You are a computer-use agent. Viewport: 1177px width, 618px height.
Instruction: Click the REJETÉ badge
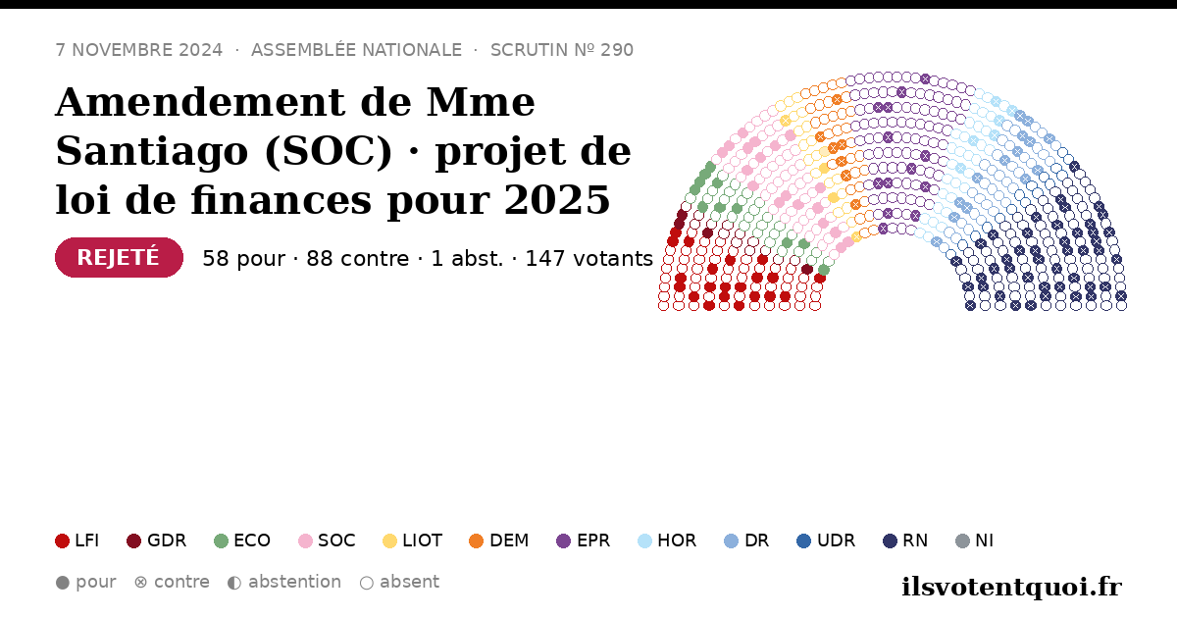click(x=119, y=257)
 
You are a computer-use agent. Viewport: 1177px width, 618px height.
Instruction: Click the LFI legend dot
click(x=62, y=541)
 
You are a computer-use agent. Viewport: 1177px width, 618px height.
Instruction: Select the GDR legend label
click(x=167, y=541)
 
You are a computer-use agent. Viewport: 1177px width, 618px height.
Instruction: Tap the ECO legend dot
click(x=222, y=541)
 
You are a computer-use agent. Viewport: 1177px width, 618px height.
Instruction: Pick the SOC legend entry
click(x=327, y=541)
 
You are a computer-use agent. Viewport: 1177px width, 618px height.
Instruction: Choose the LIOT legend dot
click(x=389, y=541)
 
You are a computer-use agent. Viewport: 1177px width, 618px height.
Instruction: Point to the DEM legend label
click(x=509, y=541)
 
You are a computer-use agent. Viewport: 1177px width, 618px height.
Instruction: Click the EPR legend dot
click(x=563, y=541)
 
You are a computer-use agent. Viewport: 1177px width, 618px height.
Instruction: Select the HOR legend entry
click(x=667, y=541)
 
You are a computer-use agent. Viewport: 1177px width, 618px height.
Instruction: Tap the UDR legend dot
click(x=804, y=541)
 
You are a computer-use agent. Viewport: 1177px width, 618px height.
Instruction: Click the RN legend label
click(x=915, y=541)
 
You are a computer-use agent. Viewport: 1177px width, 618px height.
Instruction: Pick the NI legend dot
click(x=962, y=541)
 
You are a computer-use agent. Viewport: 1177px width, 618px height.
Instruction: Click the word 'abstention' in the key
click(x=294, y=582)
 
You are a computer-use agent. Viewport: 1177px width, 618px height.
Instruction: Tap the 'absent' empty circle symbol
click(x=367, y=583)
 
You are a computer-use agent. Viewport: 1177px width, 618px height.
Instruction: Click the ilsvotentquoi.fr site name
click(x=1011, y=587)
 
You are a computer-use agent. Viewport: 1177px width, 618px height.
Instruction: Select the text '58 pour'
click(x=244, y=259)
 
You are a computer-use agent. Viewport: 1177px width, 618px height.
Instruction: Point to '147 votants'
click(x=589, y=259)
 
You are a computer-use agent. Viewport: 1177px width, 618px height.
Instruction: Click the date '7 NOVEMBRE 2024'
click(x=139, y=50)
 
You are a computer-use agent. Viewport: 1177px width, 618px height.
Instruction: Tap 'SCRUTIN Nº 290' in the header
click(x=562, y=50)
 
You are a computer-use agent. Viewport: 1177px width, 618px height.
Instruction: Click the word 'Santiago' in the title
click(x=152, y=151)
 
